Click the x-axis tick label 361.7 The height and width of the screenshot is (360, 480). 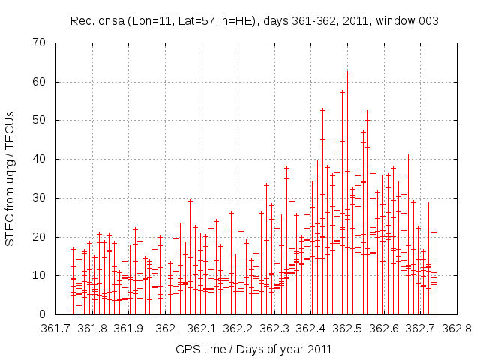point(56,328)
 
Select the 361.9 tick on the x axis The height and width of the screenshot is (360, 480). point(129,328)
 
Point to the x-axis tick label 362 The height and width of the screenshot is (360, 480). point(166,328)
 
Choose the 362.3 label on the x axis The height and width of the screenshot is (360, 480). point(274,328)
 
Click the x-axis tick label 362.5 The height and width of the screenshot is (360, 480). point(347,328)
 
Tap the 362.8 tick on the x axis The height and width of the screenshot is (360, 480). point(456,328)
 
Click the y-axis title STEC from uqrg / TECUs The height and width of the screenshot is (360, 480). point(10,178)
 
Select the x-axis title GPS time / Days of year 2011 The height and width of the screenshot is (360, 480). point(254,349)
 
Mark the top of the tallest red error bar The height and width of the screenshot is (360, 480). point(347,73)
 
